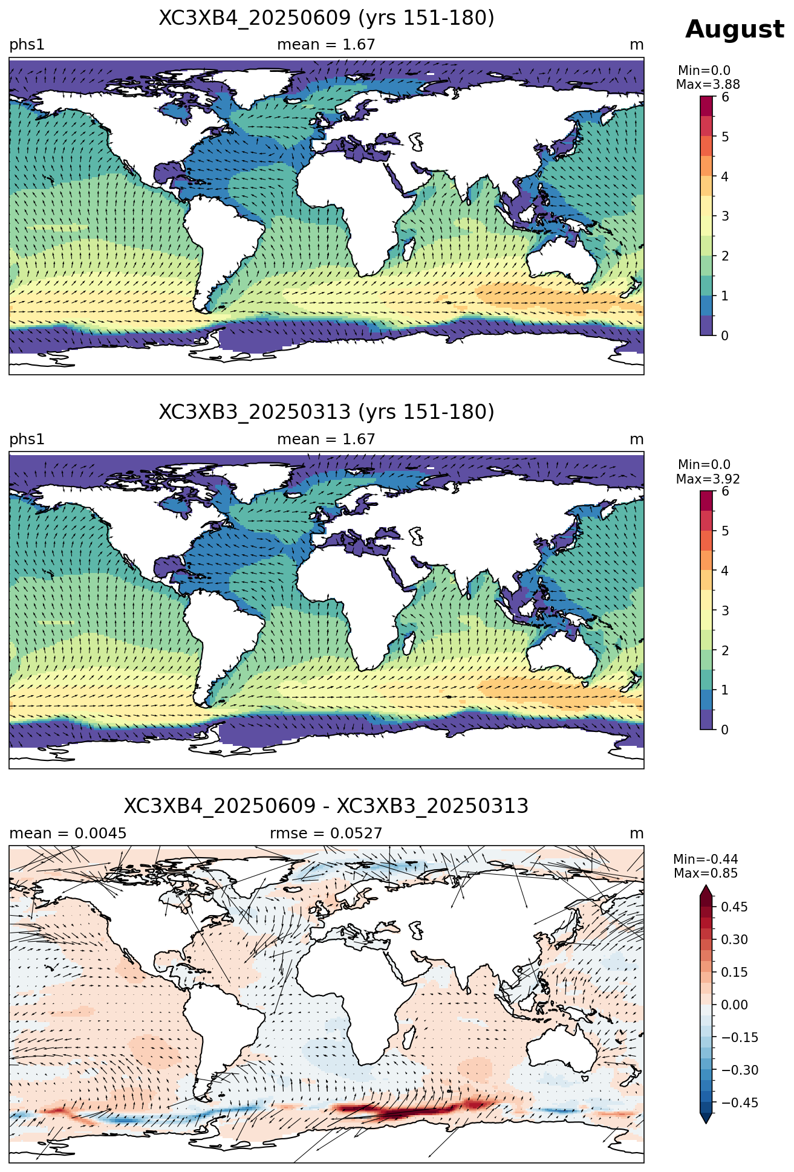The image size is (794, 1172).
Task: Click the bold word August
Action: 734,30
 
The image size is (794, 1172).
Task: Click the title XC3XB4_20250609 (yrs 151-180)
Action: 327,18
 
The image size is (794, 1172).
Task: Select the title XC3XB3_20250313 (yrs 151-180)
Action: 327,412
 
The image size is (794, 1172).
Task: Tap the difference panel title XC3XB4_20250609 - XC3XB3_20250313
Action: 327,806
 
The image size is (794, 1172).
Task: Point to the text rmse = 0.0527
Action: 326,834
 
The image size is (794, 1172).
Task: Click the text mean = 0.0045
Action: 68,834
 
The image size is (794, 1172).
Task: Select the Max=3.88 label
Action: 708,85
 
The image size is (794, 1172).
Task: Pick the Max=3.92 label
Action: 708,479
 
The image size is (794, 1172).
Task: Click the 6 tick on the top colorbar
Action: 725,97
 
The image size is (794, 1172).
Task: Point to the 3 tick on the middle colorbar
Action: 725,610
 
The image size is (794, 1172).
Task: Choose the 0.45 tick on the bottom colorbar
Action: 734,907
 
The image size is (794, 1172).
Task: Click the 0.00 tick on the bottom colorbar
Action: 734,1005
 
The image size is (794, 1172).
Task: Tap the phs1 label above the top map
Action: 27,45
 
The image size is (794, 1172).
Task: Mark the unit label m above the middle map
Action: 637,439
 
